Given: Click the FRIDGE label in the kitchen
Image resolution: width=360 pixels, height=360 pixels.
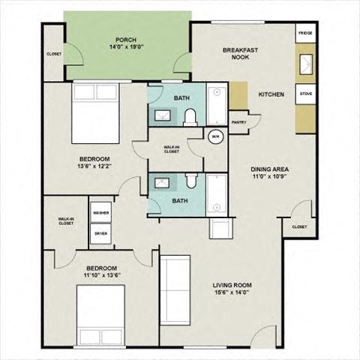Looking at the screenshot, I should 305,34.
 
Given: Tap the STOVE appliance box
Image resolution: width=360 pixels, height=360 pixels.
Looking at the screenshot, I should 306,94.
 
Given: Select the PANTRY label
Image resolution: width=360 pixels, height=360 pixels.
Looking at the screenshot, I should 239,122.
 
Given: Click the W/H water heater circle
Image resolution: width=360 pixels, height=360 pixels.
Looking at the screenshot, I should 215,136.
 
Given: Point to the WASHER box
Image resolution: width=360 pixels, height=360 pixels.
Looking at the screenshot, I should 101,213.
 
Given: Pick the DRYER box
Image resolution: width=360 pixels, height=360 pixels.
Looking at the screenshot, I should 101,233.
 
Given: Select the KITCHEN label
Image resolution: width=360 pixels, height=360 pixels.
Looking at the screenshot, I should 271,94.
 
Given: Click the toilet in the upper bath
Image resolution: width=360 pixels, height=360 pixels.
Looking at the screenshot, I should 190,115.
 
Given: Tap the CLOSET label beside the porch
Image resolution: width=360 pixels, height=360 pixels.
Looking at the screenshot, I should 54,54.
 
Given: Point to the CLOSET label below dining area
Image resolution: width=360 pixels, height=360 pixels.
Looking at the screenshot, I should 299,226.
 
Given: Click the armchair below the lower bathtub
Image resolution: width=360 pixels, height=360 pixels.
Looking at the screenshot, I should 220,230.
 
